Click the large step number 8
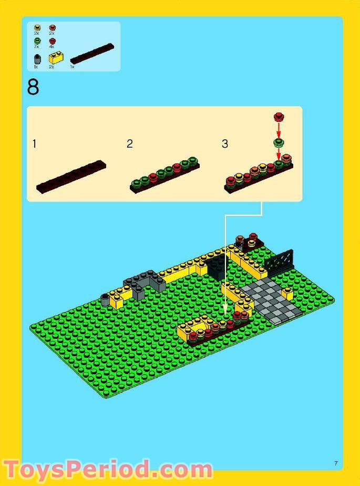point(33,87)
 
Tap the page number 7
point(335,462)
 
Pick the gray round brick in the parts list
point(36,59)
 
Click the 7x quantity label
point(37,47)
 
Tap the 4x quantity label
point(52,47)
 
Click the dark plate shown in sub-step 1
point(71,176)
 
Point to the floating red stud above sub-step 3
point(279,117)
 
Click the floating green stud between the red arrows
point(278,142)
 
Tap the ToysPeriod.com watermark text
point(108,469)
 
